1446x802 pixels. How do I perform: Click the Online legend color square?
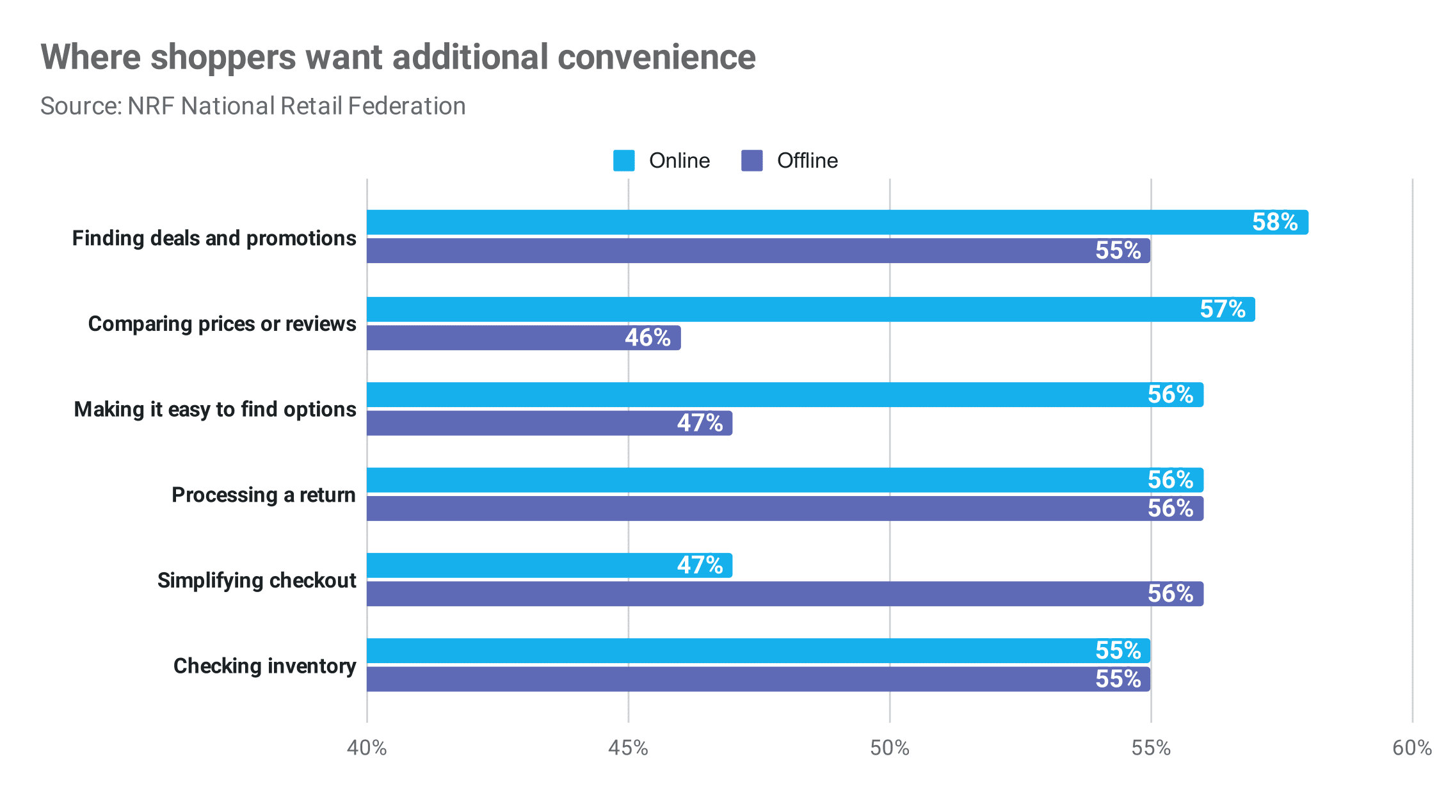(x=623, y=161)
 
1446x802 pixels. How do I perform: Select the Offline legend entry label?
(x=807, y=161)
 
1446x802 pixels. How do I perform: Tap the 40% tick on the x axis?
(x=367, y=748)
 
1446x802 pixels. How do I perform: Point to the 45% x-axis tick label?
(x=628, y=748)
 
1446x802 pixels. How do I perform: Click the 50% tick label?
(x=889, y=748)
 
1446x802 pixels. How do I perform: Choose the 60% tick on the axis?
(x=1411, y=748)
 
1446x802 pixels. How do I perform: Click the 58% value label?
(x=1274, y=222)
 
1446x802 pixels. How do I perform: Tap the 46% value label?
(x=647, y=337)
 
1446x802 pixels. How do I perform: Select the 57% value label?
(x=1222, y=309)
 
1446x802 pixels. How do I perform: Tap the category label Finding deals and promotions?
(x=214, y=238)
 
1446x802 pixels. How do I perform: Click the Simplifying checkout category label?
(x=257, y=580)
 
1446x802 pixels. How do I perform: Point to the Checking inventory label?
(x=264, y=666)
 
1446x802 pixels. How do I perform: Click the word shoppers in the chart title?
(x=223, y=57)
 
